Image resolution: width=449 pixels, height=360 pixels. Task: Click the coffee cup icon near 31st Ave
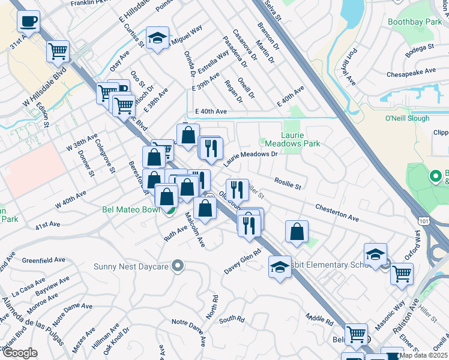tap(28, 23)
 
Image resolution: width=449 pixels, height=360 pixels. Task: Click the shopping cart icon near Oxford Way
tap(402, 274)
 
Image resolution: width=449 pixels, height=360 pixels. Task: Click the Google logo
tap(20, 353)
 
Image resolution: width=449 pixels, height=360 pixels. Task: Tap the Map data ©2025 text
tap(424, 355)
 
